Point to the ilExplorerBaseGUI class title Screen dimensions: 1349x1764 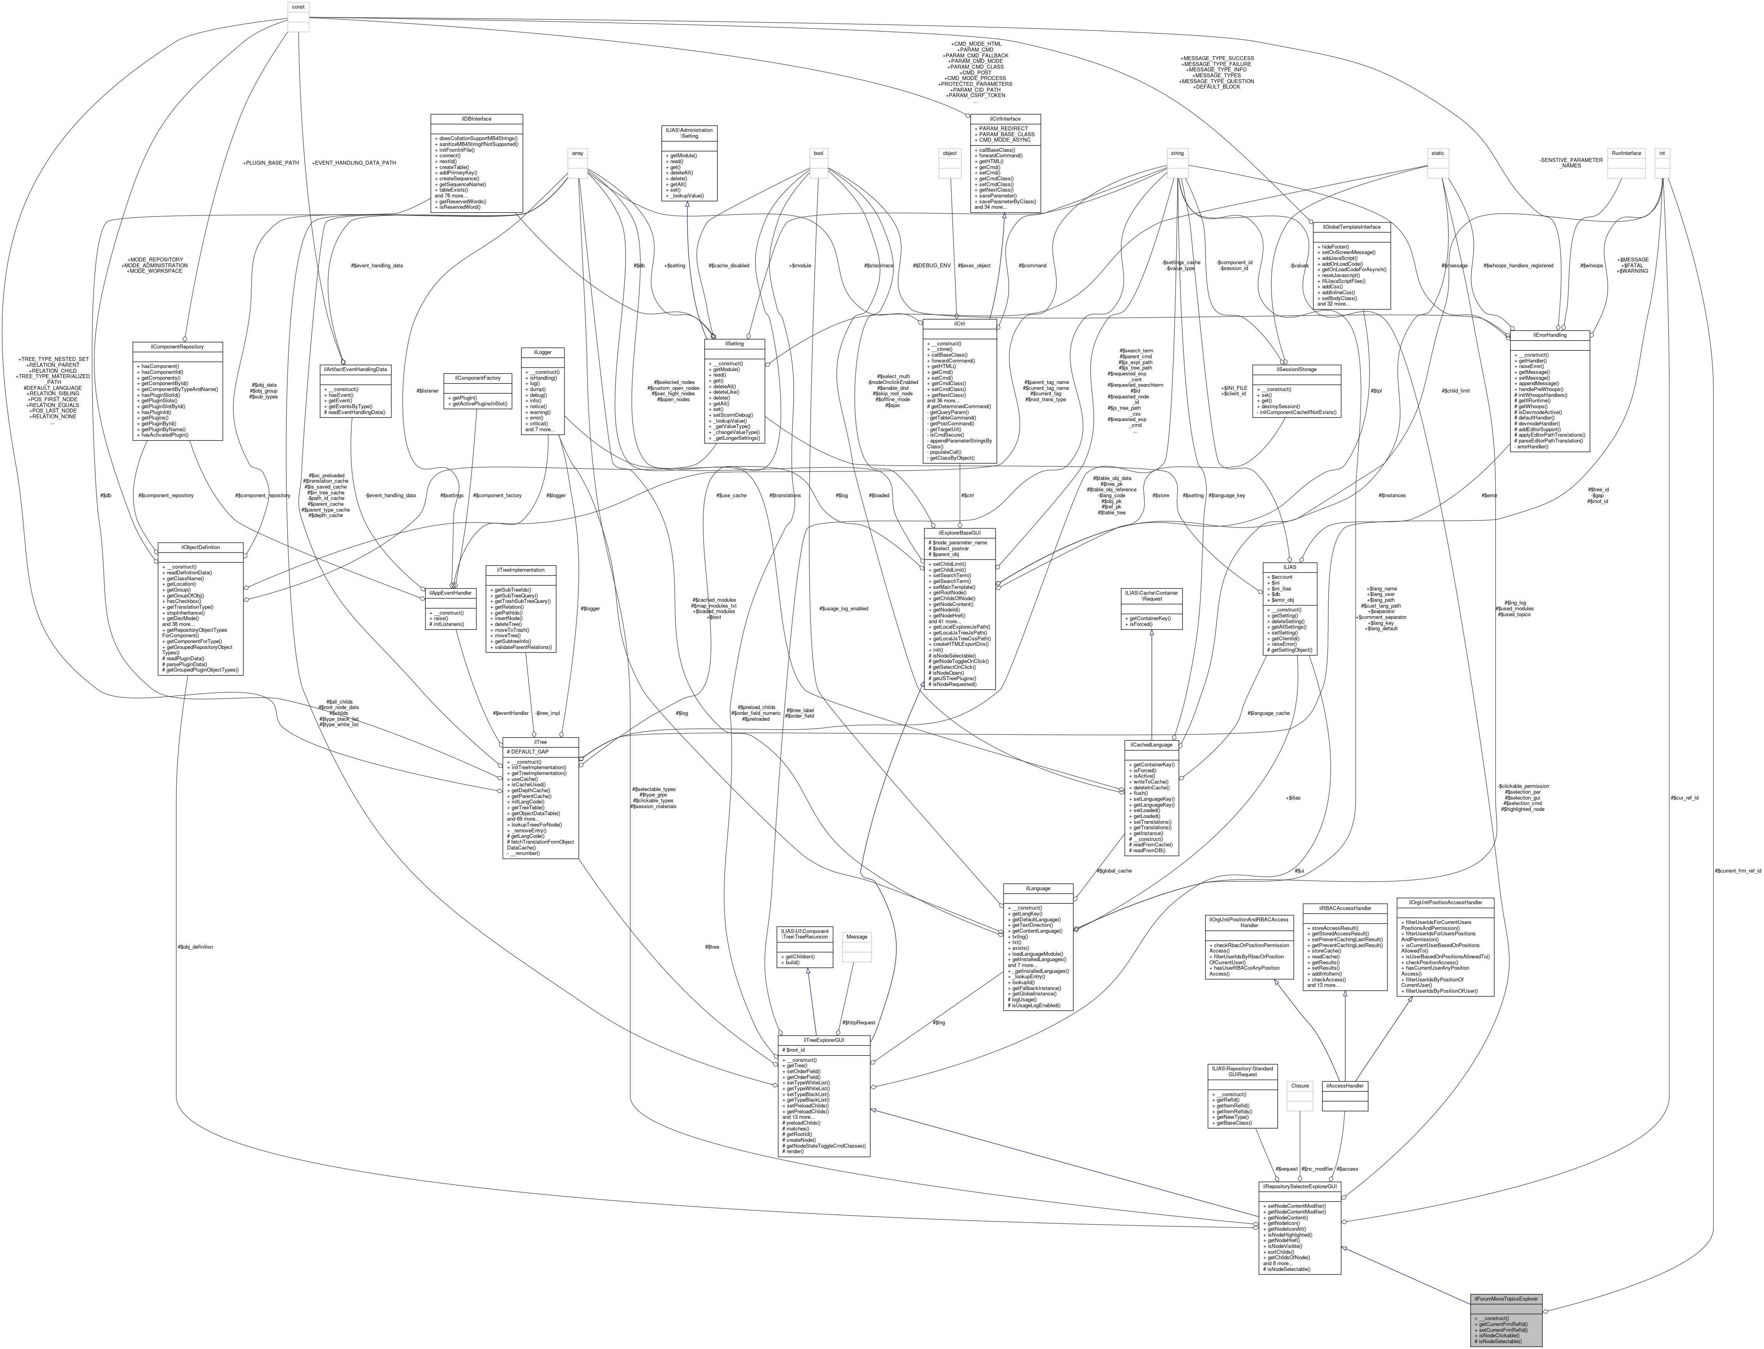(x=960, y=532)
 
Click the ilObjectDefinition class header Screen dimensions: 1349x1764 (x=200, y=547)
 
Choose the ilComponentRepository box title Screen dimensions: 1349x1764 (x=177, y=347)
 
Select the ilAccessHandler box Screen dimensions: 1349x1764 (x=1344, y=1086)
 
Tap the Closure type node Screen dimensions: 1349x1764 (x=1300, y=1086)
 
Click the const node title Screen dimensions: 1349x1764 (x=298, y=6)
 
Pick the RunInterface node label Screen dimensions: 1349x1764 (x=1626, y=153)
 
